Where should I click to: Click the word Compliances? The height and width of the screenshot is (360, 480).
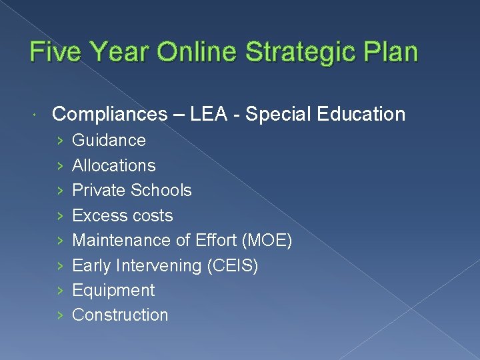pos(109,114)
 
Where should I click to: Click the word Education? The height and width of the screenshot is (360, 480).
pos(361,114)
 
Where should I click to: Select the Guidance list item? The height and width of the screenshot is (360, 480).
pos(109,140)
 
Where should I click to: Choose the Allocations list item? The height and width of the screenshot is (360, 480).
pos(113,165)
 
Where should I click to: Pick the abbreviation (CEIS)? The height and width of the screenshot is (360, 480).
pos(233,265)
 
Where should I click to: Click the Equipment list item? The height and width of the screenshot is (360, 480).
pos(113,290)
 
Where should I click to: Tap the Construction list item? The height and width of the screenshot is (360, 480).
pos(120,315)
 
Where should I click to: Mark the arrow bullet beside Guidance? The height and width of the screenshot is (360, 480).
pos(60,141)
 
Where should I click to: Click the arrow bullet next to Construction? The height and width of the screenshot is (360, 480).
pos(60,315)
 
